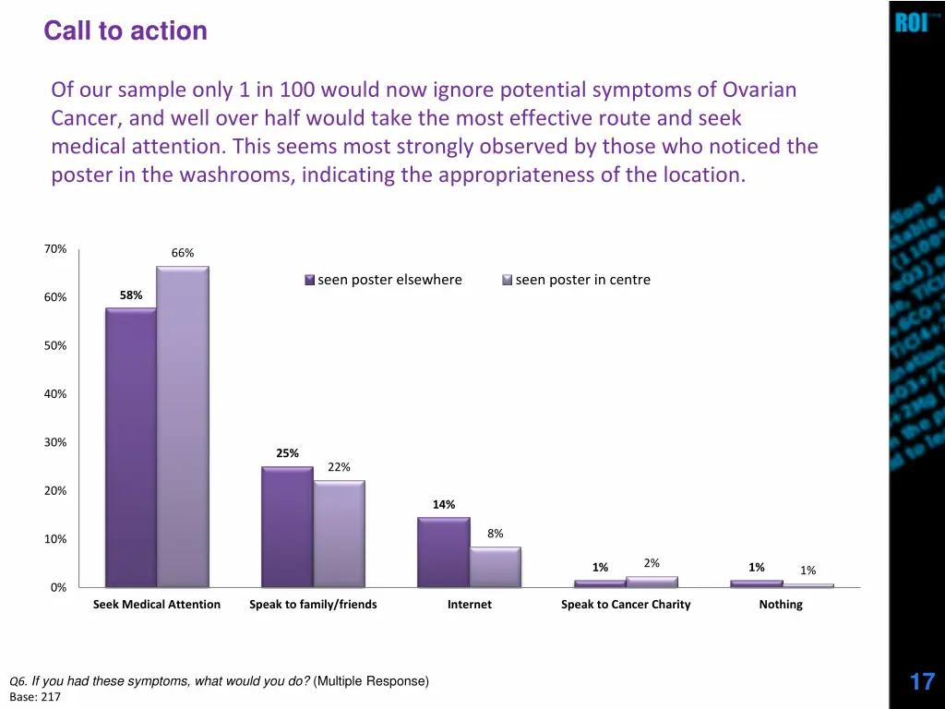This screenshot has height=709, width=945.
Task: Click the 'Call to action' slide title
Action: click(x=126, y=31)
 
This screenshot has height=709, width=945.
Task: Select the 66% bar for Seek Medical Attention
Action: click(x=183, y=425)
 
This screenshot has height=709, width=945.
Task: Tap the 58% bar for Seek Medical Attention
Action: click(x=130, y=447)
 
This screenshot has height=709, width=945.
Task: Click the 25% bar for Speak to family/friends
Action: click(x=287, y=526)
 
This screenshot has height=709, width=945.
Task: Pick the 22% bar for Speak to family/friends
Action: click(x=339, y=534)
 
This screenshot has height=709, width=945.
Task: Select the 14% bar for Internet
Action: click(x=443, y=552)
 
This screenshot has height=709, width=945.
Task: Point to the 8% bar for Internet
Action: click(x=495, y=567)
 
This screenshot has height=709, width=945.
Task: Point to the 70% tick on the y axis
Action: click(x=55, y=249)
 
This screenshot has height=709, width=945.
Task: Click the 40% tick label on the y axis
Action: click(x=55, y=394)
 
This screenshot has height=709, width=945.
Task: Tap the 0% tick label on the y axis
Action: click(x=58, y=588)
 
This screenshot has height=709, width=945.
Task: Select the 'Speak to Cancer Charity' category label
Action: click(x=626, y=605)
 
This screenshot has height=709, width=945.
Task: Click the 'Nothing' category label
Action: click(x=781, y=605)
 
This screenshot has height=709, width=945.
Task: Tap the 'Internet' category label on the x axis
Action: click(x=470, y=605)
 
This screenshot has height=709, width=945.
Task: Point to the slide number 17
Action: click(x=922, y=682)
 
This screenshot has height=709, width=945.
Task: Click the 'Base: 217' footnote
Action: click(x=34, y=697)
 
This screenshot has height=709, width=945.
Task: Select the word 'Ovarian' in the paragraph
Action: click(x=759, y=90)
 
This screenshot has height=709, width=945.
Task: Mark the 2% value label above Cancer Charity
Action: click(x=652, y=563)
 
